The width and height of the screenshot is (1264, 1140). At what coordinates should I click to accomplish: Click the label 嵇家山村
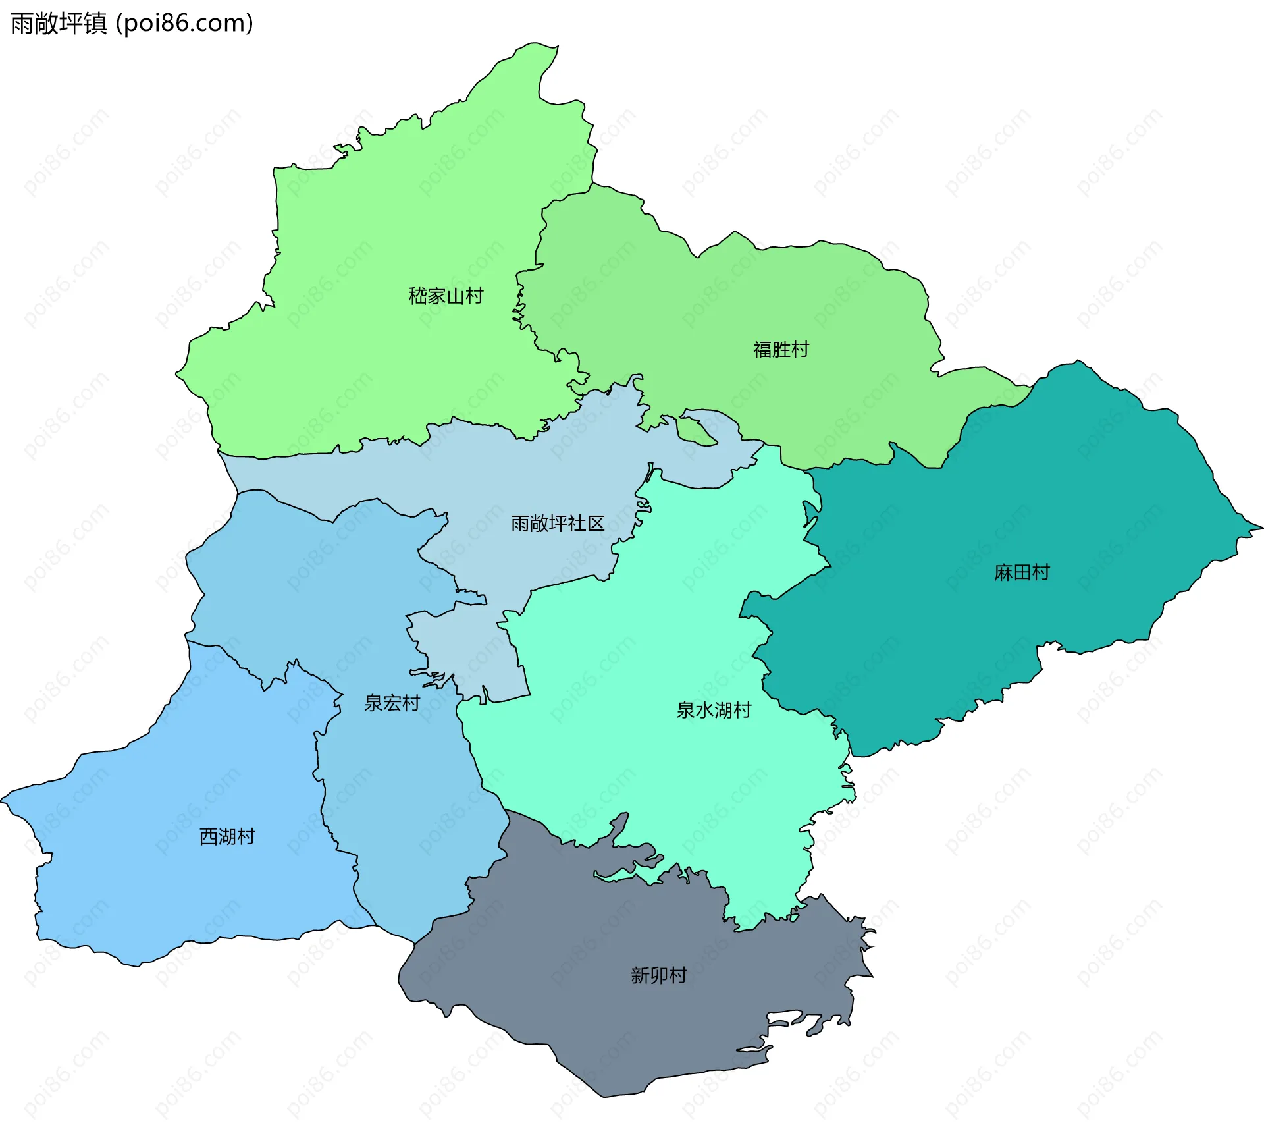point(446,296)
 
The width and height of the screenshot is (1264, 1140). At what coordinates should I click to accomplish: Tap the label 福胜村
point(781,349)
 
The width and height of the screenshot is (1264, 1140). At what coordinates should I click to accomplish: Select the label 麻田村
point(1022,572)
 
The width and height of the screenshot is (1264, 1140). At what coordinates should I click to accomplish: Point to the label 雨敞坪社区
point(557,524)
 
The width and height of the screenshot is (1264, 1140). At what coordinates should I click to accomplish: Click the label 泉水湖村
point(714,710)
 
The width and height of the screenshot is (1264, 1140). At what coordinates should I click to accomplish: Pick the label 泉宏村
point(392,703)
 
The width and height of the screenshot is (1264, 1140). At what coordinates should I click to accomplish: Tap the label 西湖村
point(227,836)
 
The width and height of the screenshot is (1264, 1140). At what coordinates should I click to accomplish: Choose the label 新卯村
point(658,975)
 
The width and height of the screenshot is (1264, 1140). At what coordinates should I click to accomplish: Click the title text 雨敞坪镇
point(58,24)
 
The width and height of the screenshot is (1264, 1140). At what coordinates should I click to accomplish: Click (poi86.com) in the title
point(185,24)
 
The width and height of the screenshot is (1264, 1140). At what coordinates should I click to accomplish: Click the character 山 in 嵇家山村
point(455,296)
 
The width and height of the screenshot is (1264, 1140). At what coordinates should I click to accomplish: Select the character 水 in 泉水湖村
point(704,710)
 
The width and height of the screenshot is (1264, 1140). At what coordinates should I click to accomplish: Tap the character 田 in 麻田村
point(1022,572)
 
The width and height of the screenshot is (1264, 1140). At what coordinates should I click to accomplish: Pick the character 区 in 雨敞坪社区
point(596,524)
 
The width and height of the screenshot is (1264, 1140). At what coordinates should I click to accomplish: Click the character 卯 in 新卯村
point(658,975)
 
